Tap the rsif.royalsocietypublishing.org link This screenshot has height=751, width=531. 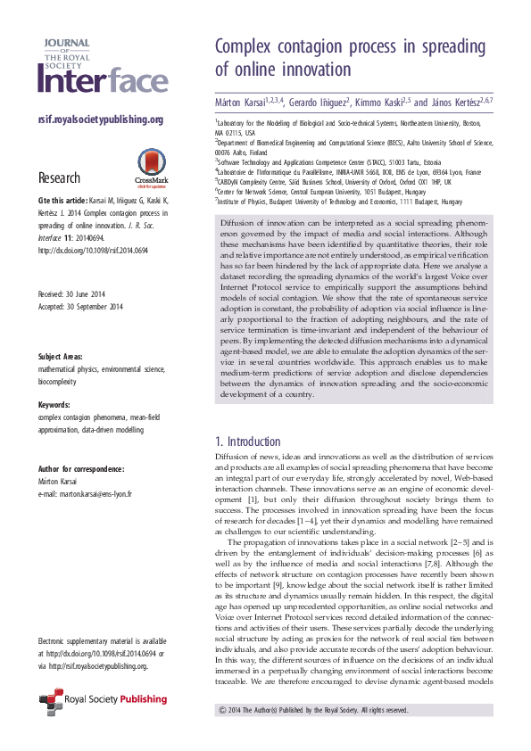pyautogui.click(x=100, y=120)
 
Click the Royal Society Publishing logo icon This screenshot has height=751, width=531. pyautogui.click(x=50, y=703)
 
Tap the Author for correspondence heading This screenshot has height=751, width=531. pyautogui.click(x=81, y=466)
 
